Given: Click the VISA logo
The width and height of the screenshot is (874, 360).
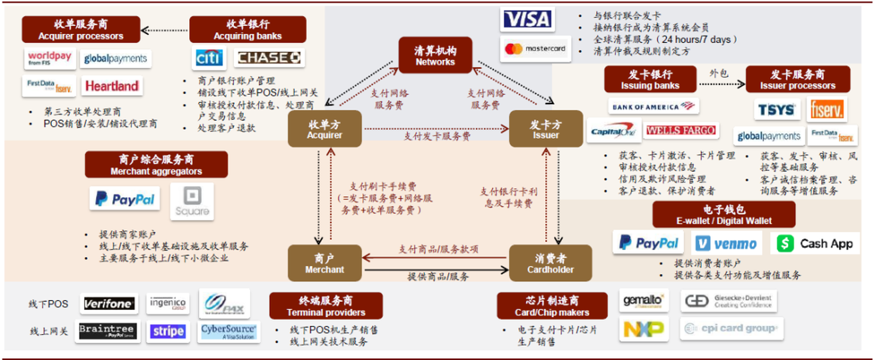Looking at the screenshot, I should (x=527, y=19).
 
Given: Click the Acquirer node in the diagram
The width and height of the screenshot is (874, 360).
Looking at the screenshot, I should (x=325, y=129).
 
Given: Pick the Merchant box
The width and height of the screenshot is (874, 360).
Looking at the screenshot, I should (x=325, y=263).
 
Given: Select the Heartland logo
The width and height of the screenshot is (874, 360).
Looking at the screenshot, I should (x=111, y=86).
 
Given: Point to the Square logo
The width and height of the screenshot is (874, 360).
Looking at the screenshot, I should (x=191, y=202).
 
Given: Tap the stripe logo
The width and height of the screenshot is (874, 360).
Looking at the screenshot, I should (x=168, y=331).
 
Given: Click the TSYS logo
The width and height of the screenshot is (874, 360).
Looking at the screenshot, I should (x=777, y=109).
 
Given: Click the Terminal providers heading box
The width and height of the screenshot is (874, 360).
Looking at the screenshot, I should (x=326, y=306).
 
